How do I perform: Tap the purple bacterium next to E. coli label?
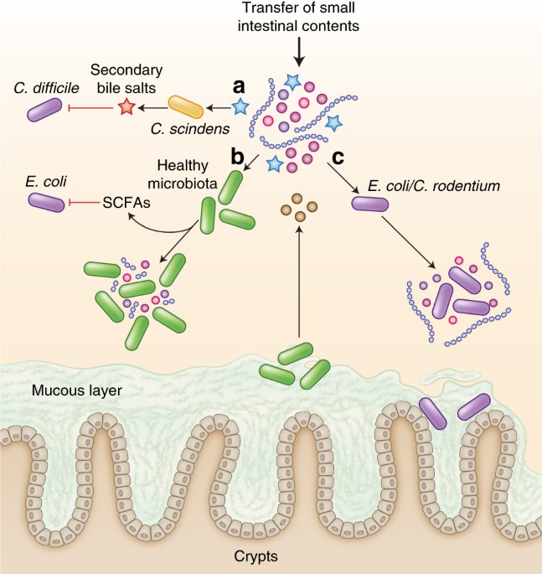(47, 202)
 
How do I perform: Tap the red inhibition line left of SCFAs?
(85, 202)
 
